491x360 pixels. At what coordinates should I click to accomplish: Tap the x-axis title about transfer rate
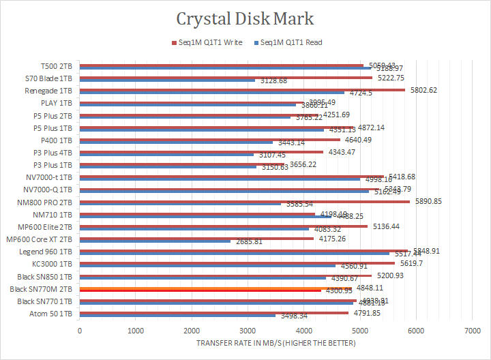(276, 342)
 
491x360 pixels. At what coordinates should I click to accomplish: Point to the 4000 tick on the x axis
(303, 330)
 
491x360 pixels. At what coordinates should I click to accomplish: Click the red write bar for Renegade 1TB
(242, 89)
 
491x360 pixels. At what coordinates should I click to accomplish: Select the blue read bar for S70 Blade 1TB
(167, 80)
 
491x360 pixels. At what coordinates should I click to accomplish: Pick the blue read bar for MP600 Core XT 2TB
(155, 241)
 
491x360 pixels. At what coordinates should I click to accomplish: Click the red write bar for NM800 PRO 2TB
(245, 201)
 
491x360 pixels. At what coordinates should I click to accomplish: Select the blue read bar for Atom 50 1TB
(177, 316)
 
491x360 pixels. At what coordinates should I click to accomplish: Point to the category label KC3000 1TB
(53, 265)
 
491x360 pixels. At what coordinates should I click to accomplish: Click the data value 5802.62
(423, 90)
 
